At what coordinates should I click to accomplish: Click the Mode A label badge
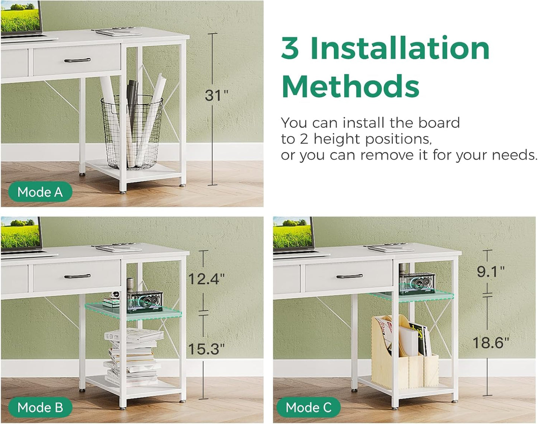pos(40,192)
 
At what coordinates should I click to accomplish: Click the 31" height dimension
pos(216,95)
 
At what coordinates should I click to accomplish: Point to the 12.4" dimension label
pos(206,279)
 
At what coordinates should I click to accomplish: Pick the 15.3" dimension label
pos(206,349)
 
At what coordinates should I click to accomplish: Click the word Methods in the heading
pos(350,86)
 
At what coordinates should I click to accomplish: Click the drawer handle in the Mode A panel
pos(77,60)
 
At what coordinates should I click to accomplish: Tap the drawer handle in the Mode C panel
pos(350,276)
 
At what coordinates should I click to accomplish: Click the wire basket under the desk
pos(132,132)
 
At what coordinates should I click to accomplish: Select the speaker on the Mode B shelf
pos(145,301)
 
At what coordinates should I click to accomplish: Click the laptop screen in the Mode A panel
pos(20,16)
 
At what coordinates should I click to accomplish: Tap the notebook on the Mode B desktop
pos(118,248)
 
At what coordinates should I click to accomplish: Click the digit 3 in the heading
pos(290,48)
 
